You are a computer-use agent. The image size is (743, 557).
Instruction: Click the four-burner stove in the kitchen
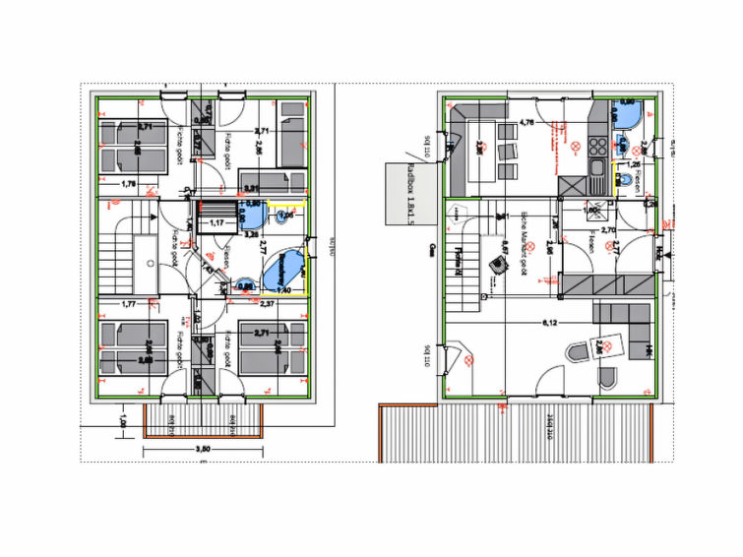tap(596, 148)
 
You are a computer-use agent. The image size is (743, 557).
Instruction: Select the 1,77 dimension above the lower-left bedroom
tap(128, 305)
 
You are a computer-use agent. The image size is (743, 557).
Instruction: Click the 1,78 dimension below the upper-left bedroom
tap(128, 184)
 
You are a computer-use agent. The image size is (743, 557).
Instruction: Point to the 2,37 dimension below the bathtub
tap(266, 304)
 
